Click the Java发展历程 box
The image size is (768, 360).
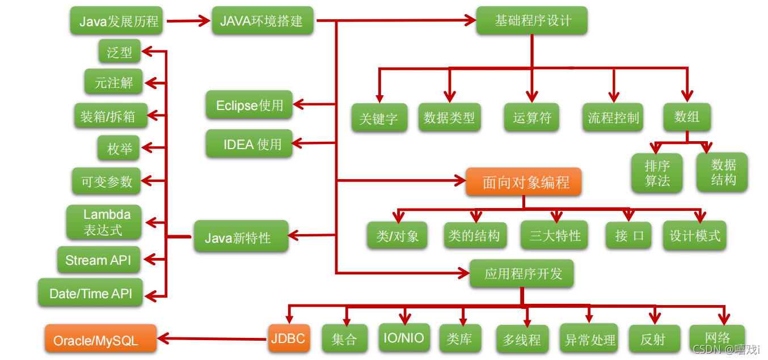tap(117, 22)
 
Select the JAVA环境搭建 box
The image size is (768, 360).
tap(261, 21)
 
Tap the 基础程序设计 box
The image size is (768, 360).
tap(531, 21)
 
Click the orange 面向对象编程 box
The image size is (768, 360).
tap(524, 182)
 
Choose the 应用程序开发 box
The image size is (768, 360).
tap(522, 274)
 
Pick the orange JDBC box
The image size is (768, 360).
tap(288, 338)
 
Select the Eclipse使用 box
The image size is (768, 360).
tap(249, 105)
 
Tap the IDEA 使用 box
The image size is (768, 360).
tap(249, 144)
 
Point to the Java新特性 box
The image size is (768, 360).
tap(240, 236)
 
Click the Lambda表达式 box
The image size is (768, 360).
tap(104, 222)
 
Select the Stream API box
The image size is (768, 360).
tap(99, 260)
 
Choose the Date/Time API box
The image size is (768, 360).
tap(91, 293)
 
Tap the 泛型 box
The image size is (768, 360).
tap(119, 52)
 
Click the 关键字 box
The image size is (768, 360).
tap(379, 118)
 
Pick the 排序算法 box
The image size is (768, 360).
tap(657, 173)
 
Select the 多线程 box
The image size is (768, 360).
tap(522, 340)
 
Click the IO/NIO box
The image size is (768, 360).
tap(404, 338)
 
